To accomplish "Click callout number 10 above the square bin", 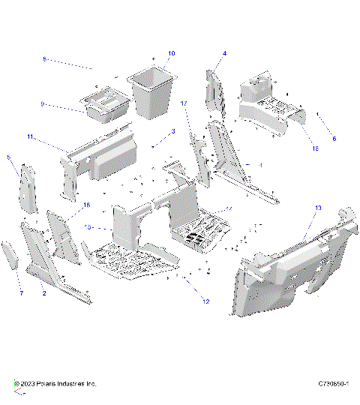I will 171,54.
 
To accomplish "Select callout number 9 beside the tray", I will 43,103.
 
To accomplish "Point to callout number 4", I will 224,54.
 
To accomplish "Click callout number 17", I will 184,103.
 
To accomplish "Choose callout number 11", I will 30,136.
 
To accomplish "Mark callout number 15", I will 315,149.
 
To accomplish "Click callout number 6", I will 334,139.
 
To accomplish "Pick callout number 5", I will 8,157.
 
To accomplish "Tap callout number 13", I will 318,208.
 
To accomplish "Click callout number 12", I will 205,301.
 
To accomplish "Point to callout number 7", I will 21,292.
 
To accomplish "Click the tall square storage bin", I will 152,94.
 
